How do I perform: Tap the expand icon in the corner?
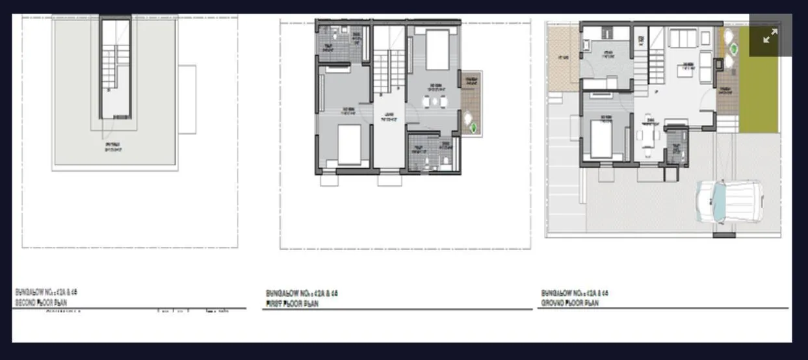[x=770, y=36]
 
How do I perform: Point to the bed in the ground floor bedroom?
[x=601, y=138]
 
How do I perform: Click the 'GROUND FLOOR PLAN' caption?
[x=570, y=303]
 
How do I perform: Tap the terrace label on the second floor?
[x=113, y=147]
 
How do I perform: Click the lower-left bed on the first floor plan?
[x=349, y=144]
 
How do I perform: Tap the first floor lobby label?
[x=389, y=116]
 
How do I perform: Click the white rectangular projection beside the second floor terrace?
[x=187, y=99]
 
